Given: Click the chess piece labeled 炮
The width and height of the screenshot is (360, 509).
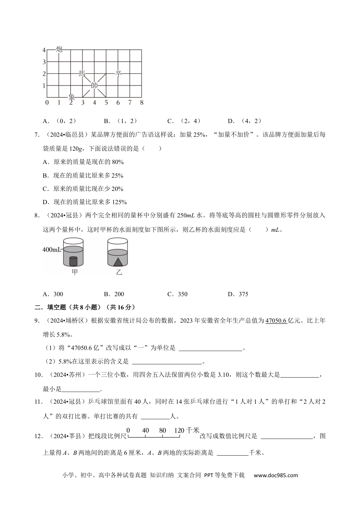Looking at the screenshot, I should pyautogui.click(x=59, y=49).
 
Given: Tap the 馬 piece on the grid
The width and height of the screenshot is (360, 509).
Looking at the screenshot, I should pyautogui.click(x=82, y=73).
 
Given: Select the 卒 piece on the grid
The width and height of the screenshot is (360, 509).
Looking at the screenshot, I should pyautogui.click(x=118, y=73).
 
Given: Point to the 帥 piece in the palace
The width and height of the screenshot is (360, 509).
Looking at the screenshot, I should pyautogui.click(x=94, y=86).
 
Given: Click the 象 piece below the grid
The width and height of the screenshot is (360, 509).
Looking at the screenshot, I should pyautogui.click(x=71, y=97).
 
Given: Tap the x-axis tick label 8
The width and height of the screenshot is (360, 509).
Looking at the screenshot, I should pyautogui.click(x=141, y=103).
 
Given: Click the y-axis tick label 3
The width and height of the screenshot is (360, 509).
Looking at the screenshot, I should pyautogui.click(x=44, y=62).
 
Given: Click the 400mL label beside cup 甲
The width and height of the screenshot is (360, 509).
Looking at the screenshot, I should pyautogui.click(x=52, y=250).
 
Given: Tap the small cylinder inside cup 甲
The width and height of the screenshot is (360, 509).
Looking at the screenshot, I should pyautogui.click(x=73, y=261).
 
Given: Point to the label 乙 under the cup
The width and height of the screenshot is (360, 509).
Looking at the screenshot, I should pyautogui.click(x=119, y=272).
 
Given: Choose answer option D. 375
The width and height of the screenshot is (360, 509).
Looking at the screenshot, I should pyautogui.click(x=238, y=294).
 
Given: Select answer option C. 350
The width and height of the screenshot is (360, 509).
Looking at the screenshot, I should pyautogui.click(x=177, y=294).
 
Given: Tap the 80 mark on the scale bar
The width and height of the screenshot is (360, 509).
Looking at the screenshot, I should pyautogui.click(x=163, y=431).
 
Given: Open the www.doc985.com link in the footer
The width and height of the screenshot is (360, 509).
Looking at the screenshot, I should pyautogui.click(x=275, y=475).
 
